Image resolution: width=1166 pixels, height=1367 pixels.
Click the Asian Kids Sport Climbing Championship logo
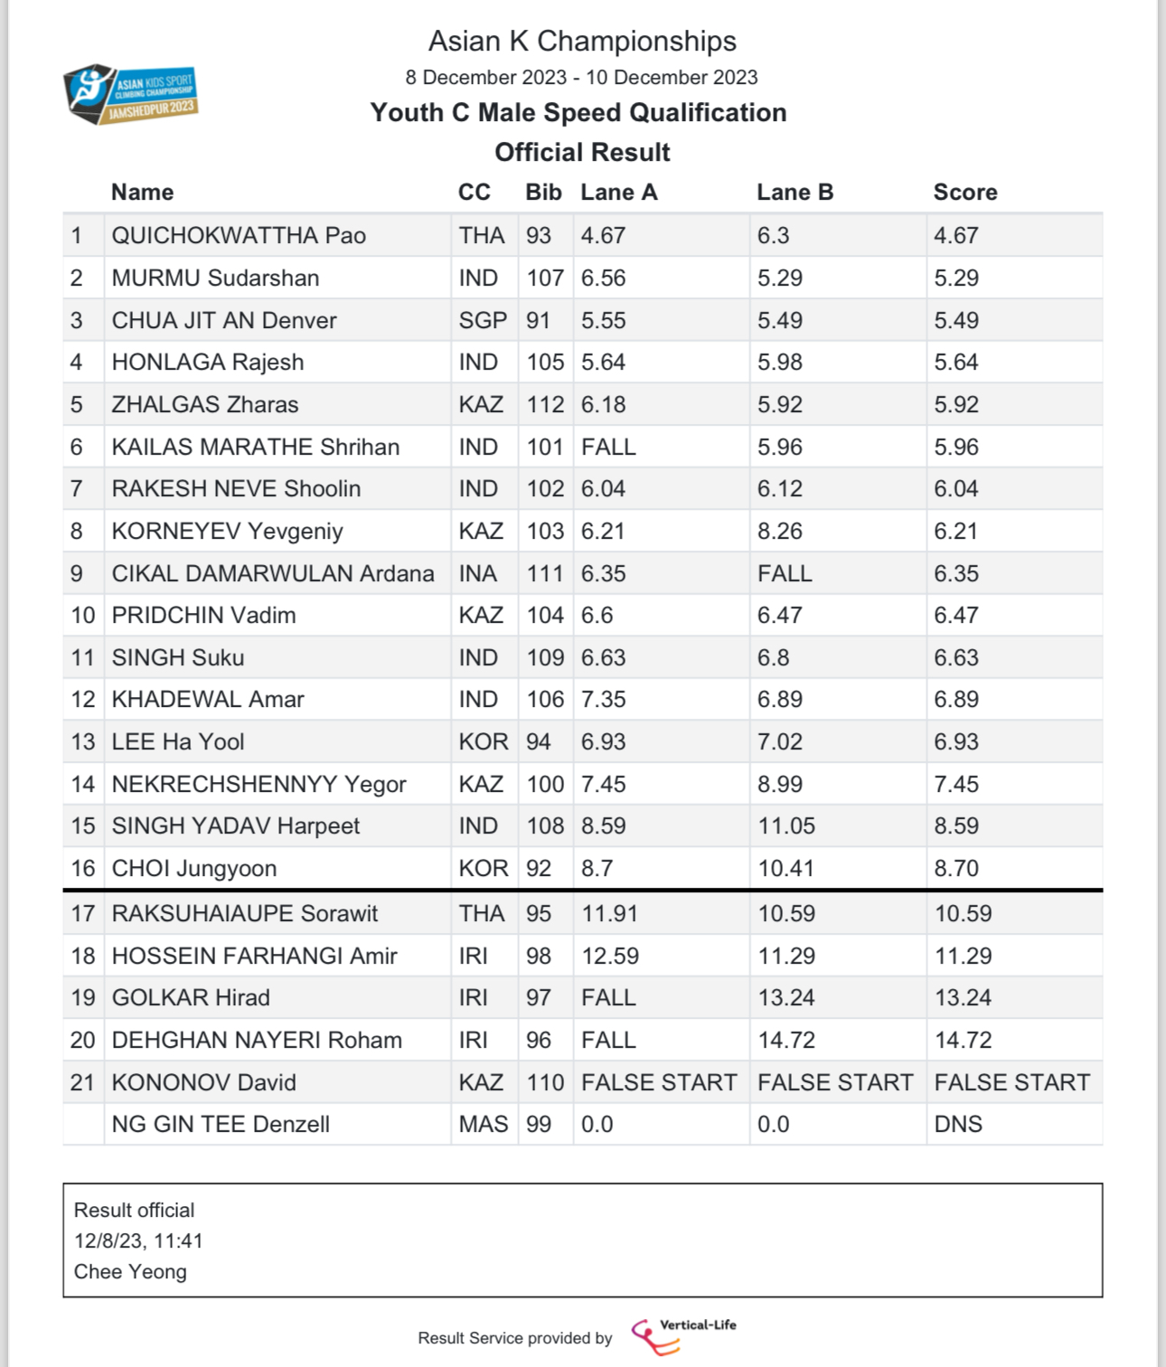pyautogui.click(x=131, y=94)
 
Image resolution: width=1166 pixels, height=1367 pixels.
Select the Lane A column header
pyautogui.click(x=618, y=193)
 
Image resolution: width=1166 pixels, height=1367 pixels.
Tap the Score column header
pyautogui.click(x=964, y=193)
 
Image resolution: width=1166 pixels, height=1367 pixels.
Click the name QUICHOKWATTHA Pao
pyautogui.click(x=239, y=236)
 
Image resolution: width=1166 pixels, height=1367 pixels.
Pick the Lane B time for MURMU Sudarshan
pyautogui.click(x=779, y=278)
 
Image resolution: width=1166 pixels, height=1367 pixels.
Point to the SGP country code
pyautogui.click(x=483, y=321)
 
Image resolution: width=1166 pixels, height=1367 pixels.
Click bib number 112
pyautogui.click(x=545, y=405)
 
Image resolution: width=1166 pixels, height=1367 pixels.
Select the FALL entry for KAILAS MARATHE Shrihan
pyautogui.click(x=608, y=448)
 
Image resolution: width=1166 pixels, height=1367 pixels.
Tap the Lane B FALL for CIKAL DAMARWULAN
pyautogui.click(x=785, y=574)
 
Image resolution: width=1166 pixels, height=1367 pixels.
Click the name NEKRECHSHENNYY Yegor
pyautogui.click(x=259, y=785)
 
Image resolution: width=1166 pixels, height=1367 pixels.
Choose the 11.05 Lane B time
pyautogui.click(x=785, y=826)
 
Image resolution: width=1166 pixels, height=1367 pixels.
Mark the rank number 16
pyautogui.click(x=83, y=869)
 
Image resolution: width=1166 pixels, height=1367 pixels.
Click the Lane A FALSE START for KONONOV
pyautogui.click(x=659, y=1083)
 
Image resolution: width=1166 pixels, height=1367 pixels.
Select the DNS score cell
pyautogui.click(x=958, y=1125)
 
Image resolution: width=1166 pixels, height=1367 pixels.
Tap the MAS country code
pyautogui.click(x=483, y=1125)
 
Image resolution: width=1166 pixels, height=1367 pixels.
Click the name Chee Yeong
pyautogui.click(x=130, y=1272)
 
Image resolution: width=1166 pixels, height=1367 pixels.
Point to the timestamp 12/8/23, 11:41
pyautogui.click(x=138, y=1241)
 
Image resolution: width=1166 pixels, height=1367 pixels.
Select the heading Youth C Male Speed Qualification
pyautogui.click(x=578, y=113)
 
